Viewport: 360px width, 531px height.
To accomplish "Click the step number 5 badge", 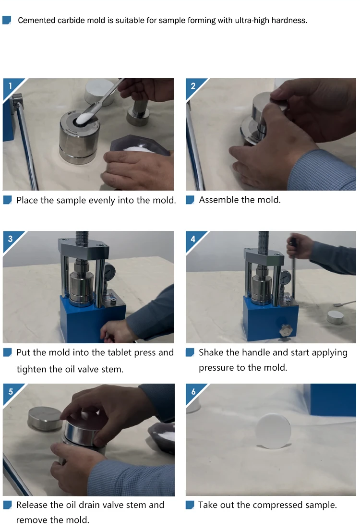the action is [11, 391].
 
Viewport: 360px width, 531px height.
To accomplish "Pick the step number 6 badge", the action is [193, 391].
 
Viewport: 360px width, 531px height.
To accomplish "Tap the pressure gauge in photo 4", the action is [286, 277].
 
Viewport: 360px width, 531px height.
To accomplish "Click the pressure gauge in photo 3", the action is [110, 271].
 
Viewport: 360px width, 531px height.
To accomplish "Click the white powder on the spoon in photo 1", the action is [83, 118].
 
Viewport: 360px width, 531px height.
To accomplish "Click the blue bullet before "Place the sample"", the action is [8, 200].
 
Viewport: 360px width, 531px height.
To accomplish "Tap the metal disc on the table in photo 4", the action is [335, 317].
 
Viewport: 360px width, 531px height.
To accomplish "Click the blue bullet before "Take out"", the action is [190, 505].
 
